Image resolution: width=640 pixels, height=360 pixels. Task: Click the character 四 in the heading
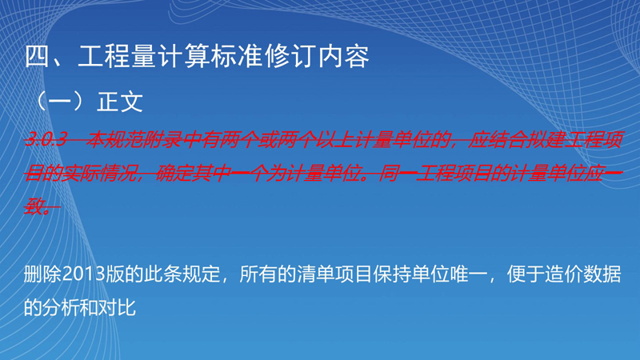(x=38, y=56)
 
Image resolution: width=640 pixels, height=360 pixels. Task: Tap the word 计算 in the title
(x=171, y=56)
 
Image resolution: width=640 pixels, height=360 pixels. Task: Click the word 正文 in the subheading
(x=120, y=102)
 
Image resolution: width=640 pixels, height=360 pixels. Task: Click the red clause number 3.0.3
(x=46, y=139)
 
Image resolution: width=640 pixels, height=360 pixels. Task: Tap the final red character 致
(x=34, y=206)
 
